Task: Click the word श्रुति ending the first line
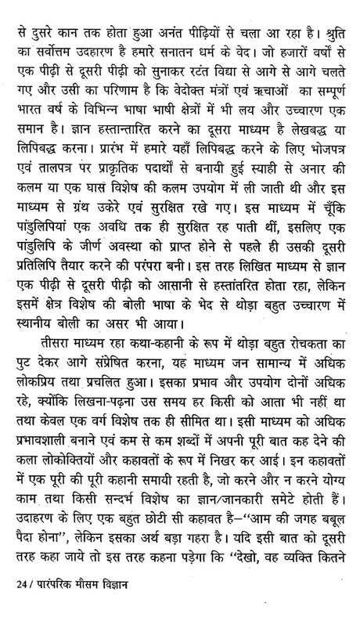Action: (333, 13)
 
